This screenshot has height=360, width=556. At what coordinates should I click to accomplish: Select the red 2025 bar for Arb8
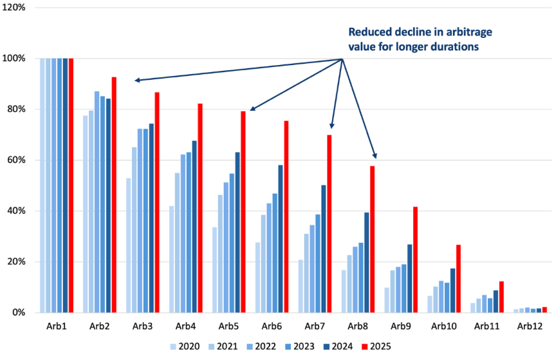[x=373, y=239]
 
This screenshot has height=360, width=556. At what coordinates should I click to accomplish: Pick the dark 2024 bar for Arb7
[x=323, y=249]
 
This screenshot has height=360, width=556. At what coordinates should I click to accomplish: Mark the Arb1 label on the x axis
[x=56, y=327]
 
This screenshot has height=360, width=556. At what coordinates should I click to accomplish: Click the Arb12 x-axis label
[x=531, y=327]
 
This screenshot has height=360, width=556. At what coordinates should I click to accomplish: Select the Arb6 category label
[x=272, y=327]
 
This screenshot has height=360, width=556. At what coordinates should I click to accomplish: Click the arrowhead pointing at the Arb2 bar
[x=137, y=81]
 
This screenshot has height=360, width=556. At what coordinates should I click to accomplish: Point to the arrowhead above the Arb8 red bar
[x=375, y=156]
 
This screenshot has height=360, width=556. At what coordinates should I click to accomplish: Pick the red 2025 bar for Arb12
[x=544, y=310]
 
